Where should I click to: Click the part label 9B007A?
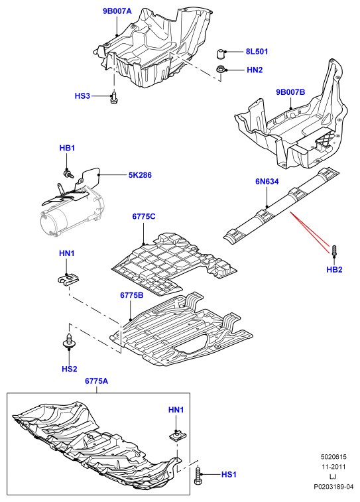coord(117,11)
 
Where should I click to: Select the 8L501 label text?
coord(257,52)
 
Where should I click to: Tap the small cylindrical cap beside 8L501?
coord(221,54)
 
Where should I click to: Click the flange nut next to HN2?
coord(220,69)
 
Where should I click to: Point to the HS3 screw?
coord(113,97)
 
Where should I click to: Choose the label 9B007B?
coord(290,92)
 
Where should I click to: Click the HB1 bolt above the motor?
coord(68,174)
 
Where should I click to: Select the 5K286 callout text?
coord(140,175)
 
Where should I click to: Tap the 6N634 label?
coord(267,182)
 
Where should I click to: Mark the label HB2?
coord(334,270)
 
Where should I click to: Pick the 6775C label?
coord(144,216)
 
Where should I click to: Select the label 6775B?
coord(132,295)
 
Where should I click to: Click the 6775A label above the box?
coord(96,381)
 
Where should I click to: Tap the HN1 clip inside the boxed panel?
coord(176,436)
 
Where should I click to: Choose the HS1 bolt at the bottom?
coord(197,475)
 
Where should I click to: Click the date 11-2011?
coord(333,467)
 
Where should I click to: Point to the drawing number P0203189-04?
coord(333,487)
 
